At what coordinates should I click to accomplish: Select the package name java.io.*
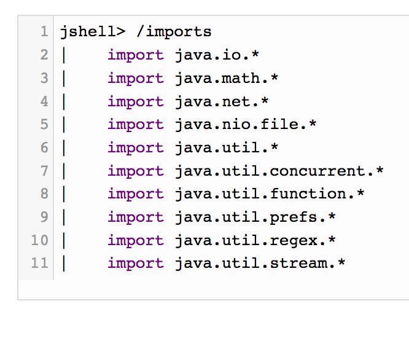pos(217,55)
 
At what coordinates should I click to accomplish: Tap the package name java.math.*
pos(227,79)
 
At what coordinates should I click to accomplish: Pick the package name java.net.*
pos(222,101)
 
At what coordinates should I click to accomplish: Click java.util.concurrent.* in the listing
pos(279,171)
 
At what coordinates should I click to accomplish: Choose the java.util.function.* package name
pos(270,194)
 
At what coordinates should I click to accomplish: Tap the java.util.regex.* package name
pos(255,240)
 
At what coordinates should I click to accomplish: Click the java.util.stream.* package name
pos(260,264)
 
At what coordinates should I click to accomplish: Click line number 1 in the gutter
pos(44,32)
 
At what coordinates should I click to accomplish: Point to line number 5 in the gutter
pos(44,125)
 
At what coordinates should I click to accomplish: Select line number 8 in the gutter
pos(44,194)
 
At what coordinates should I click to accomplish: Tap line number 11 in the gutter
pos(39,264)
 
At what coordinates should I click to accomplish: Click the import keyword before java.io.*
pos(136,55)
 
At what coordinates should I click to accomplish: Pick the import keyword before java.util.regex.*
pos(136,240)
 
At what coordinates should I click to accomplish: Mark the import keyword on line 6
pos(136,148)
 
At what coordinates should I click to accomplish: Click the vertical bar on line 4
pos(64,101)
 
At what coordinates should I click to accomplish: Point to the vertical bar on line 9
pos(64,217)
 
